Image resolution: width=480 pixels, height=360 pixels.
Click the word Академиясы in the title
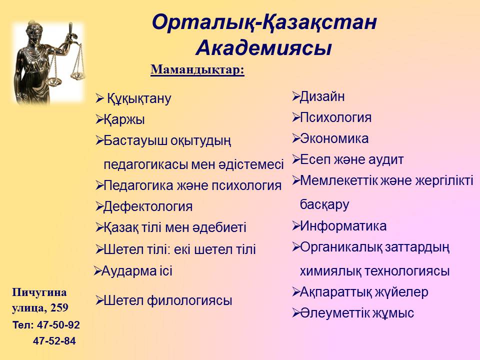[x=263, y=48]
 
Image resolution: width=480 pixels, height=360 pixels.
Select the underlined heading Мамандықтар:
[x=197, y=70]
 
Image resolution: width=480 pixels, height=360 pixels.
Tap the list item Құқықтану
[x=139, y=99]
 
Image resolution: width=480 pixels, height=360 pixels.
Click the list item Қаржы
[x=124, y=119]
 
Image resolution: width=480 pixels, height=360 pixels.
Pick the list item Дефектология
[x=148, y=206]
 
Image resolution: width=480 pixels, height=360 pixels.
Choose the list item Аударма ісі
[x=137, y=271]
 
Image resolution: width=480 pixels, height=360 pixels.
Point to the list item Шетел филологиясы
[x=168, y=300]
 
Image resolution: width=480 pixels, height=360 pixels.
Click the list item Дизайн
[x=322, y=96]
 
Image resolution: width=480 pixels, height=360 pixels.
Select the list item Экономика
[x=334, y=138]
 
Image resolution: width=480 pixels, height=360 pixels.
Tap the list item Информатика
[x=343, y=226]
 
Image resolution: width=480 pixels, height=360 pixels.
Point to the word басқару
[x=324, y=204]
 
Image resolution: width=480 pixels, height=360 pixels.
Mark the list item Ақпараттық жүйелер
[x=364, y=292]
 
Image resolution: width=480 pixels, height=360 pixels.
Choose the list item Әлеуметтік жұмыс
[x=357, y=313]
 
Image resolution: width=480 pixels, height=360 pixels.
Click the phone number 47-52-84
[x=54, y=340]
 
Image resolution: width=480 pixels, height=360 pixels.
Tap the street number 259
[x=59, y=307]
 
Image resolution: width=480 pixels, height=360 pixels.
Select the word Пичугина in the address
[x=39, y=292]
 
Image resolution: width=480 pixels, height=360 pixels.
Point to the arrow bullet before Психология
[x=295, y=117]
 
